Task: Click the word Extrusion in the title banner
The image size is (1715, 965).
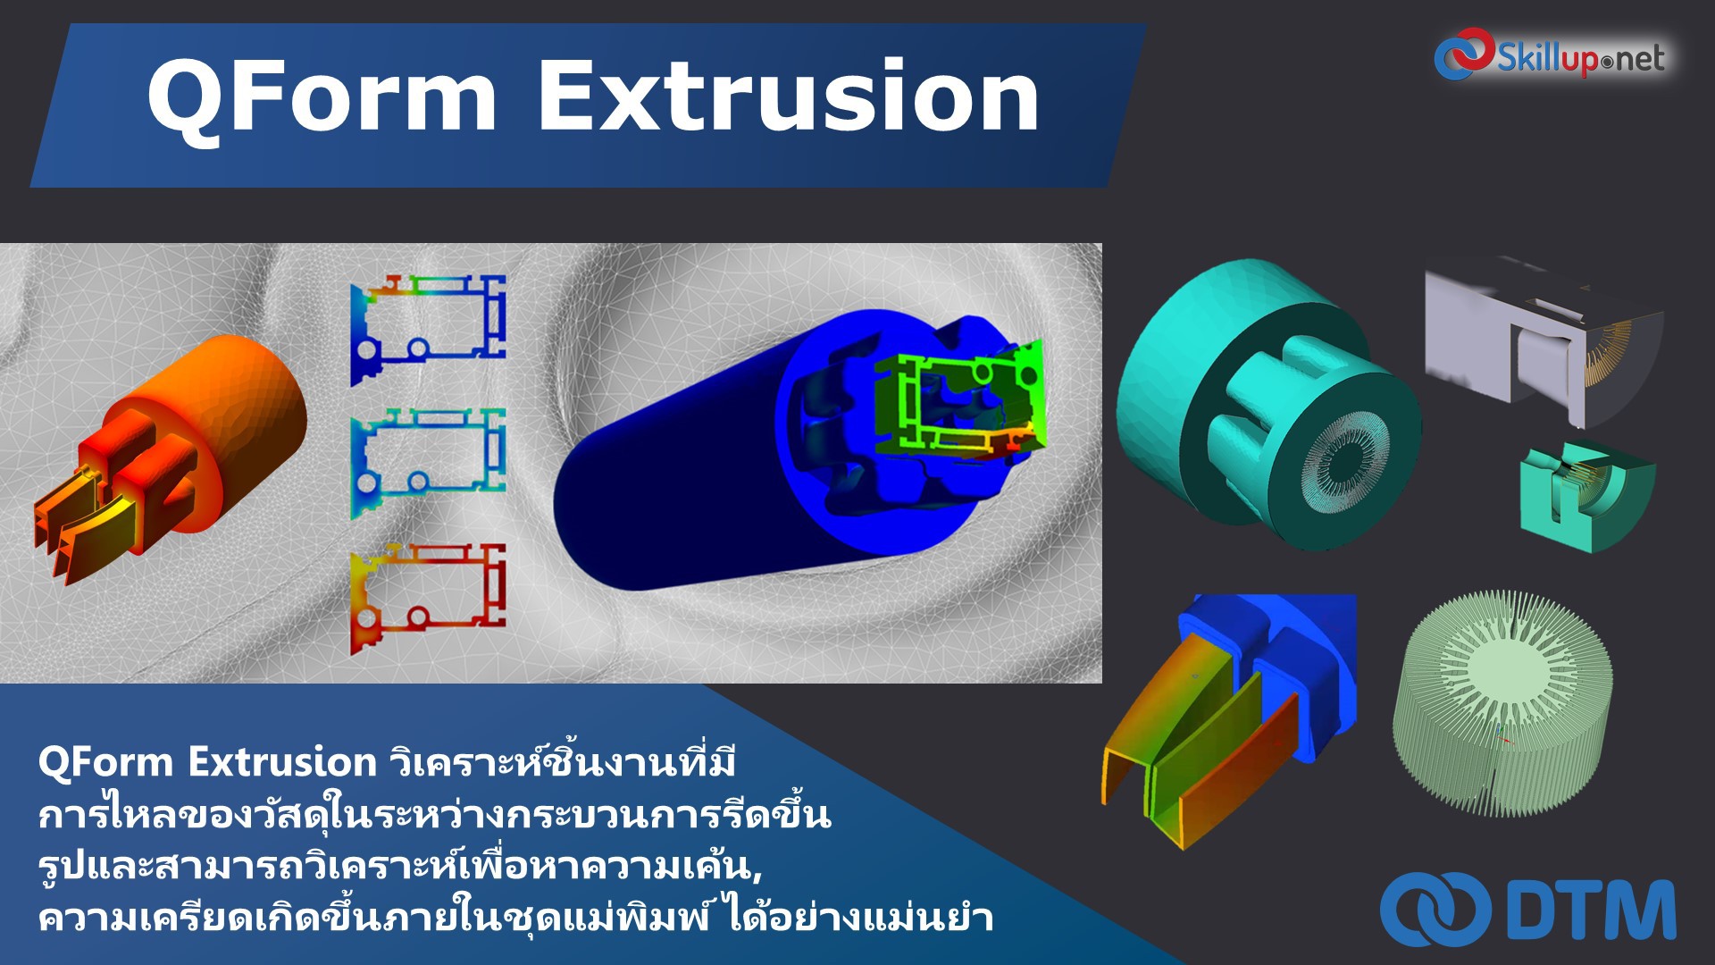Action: [x=788, y=96]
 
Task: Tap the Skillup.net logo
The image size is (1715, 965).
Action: [x=1579, y=58]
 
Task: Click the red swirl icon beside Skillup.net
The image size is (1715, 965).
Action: [x=1463, y=54]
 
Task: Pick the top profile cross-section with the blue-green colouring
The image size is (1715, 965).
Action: [x=429, y=331]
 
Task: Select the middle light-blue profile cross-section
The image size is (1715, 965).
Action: [x=429, y=463]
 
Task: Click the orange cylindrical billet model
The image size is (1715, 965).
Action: [x=241, y=402]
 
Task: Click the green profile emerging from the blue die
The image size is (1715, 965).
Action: [x=965, y=402]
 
